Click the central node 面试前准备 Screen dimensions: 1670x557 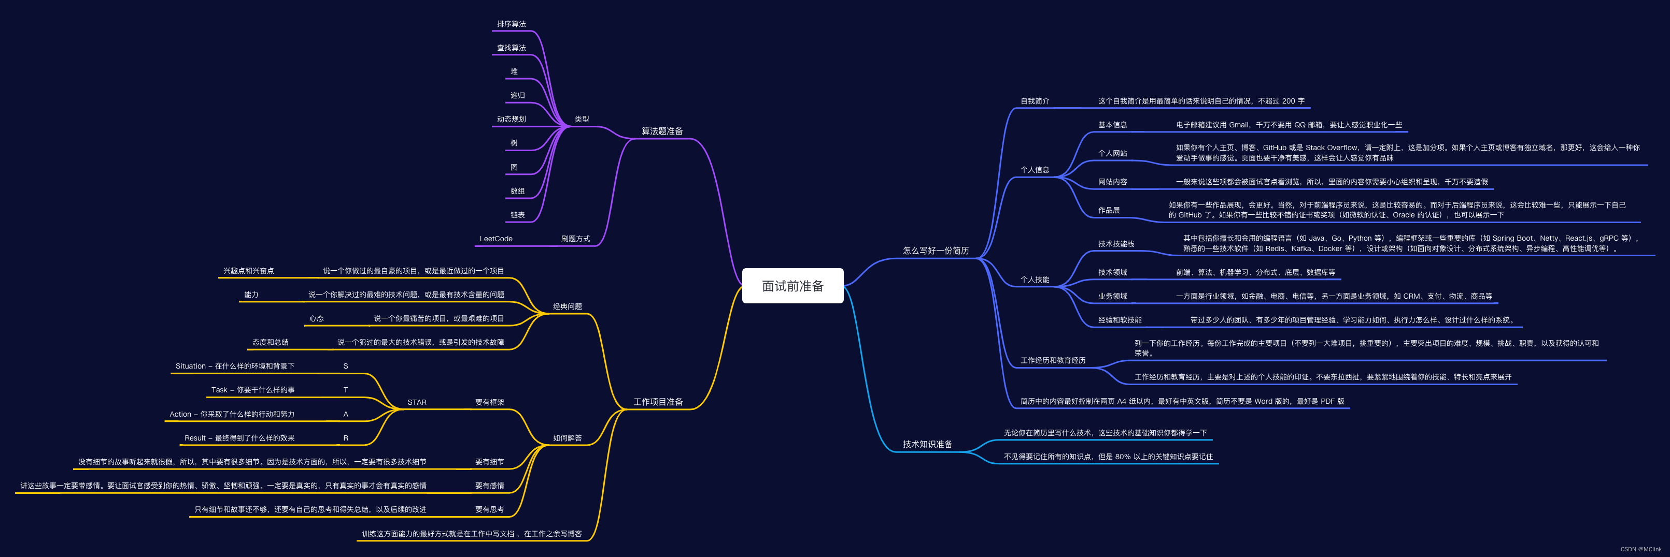tap(792, 286)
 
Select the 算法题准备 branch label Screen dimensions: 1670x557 tap(662, 131)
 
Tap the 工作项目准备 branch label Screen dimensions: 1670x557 tap(658, 402)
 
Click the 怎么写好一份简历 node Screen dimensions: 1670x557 tap(936, 251)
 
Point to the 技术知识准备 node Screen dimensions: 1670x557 tap(927, 444)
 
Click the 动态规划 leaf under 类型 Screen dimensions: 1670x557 tap(512, 119)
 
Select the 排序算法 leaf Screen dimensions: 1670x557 tap(512, 24)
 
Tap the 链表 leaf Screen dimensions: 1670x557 tap(517, 215)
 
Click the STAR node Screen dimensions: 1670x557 tap(417, 402)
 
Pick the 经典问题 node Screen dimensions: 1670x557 tap(567, 306)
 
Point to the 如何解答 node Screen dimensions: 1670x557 tap(567, 438)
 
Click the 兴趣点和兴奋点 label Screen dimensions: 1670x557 tap(248, 271)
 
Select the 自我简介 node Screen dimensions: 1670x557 tap(1035, 101)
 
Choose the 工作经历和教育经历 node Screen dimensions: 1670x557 tap(1053, 360)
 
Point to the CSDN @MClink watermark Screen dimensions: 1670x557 tap(1641, 549)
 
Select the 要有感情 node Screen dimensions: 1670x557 tap(489, 486)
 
